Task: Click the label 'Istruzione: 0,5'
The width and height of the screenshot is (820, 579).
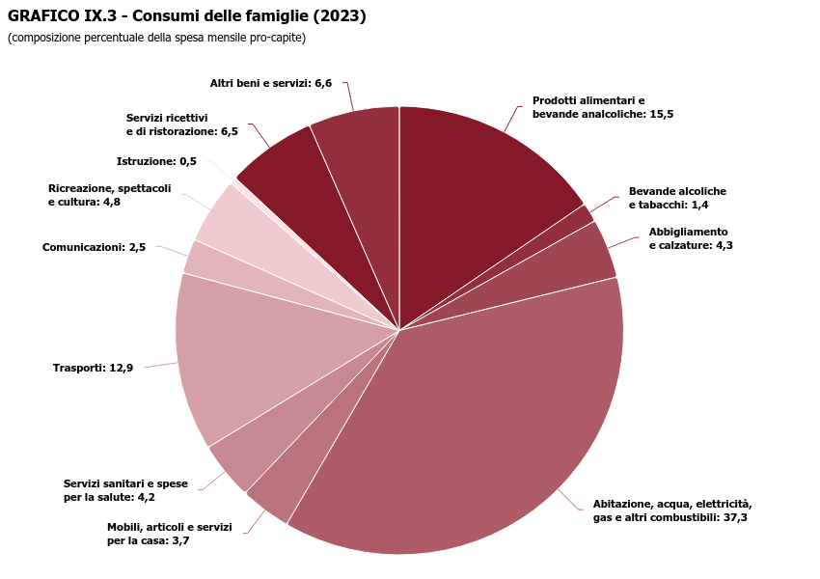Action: (156, 161)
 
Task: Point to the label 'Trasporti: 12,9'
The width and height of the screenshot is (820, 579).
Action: (93, 368)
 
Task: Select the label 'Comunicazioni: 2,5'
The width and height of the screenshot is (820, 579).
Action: (94, 247)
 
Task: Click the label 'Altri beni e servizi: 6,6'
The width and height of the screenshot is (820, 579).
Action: (270, 83)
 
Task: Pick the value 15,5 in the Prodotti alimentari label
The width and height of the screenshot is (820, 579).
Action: (661, 114)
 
